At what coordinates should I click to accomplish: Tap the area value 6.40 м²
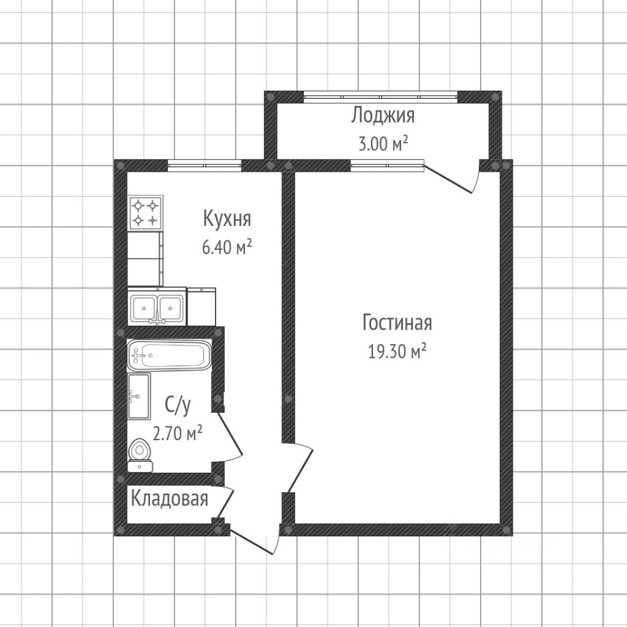point(227,249)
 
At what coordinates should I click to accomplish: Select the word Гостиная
point(397,323)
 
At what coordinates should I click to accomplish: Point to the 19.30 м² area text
point(397,353)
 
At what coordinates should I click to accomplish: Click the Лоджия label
point(383,116)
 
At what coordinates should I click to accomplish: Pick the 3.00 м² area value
point(383,144)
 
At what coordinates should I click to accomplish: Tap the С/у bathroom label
point(177,406)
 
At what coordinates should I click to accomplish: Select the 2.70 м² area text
point(177,433)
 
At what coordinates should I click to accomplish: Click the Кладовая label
point(170,500)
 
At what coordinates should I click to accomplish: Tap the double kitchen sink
point(157,306)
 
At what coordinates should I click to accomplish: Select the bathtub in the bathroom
point(169,356)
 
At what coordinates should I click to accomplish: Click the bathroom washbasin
point(139,396)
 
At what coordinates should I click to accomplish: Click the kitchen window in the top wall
point(204,165)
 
